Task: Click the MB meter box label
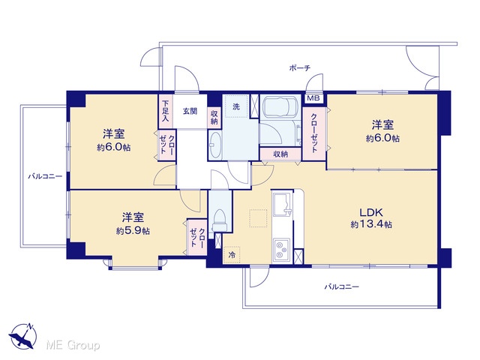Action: (x=313, y=98)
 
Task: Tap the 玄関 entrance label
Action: (x=190, y=111)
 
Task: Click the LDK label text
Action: (x=371, y=212)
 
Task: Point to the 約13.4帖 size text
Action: (x=371, y=224)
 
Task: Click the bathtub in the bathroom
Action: (x=280, y=106)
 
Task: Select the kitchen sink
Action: (x=282, y=204)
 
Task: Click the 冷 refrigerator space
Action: (x=232, y=255)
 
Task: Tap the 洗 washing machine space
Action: (x=236, y=106)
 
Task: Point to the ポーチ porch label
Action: (x=300, y=68)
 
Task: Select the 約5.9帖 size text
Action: (x=133, y=230)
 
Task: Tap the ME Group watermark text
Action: (x=73, y=345)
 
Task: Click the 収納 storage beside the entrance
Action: (x=214, y=117)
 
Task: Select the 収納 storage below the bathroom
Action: (x=280, y=154)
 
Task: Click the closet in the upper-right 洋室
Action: (x=314, y=133)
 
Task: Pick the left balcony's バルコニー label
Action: (x=45, y=176)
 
